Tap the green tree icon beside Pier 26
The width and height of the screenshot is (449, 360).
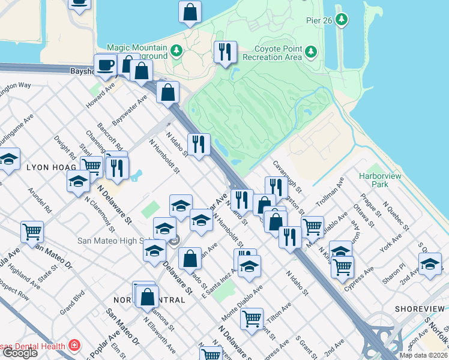click(342, 20)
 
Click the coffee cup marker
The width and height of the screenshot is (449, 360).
click(106, 65)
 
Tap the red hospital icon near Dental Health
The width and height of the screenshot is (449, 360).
click(73, 346)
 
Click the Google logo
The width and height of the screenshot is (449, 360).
click(19, 353)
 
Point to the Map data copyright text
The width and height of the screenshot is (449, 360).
click(423, 355)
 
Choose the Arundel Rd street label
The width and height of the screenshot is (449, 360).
click(40, 202)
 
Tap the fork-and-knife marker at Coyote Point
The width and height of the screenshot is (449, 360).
click(225, 52)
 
